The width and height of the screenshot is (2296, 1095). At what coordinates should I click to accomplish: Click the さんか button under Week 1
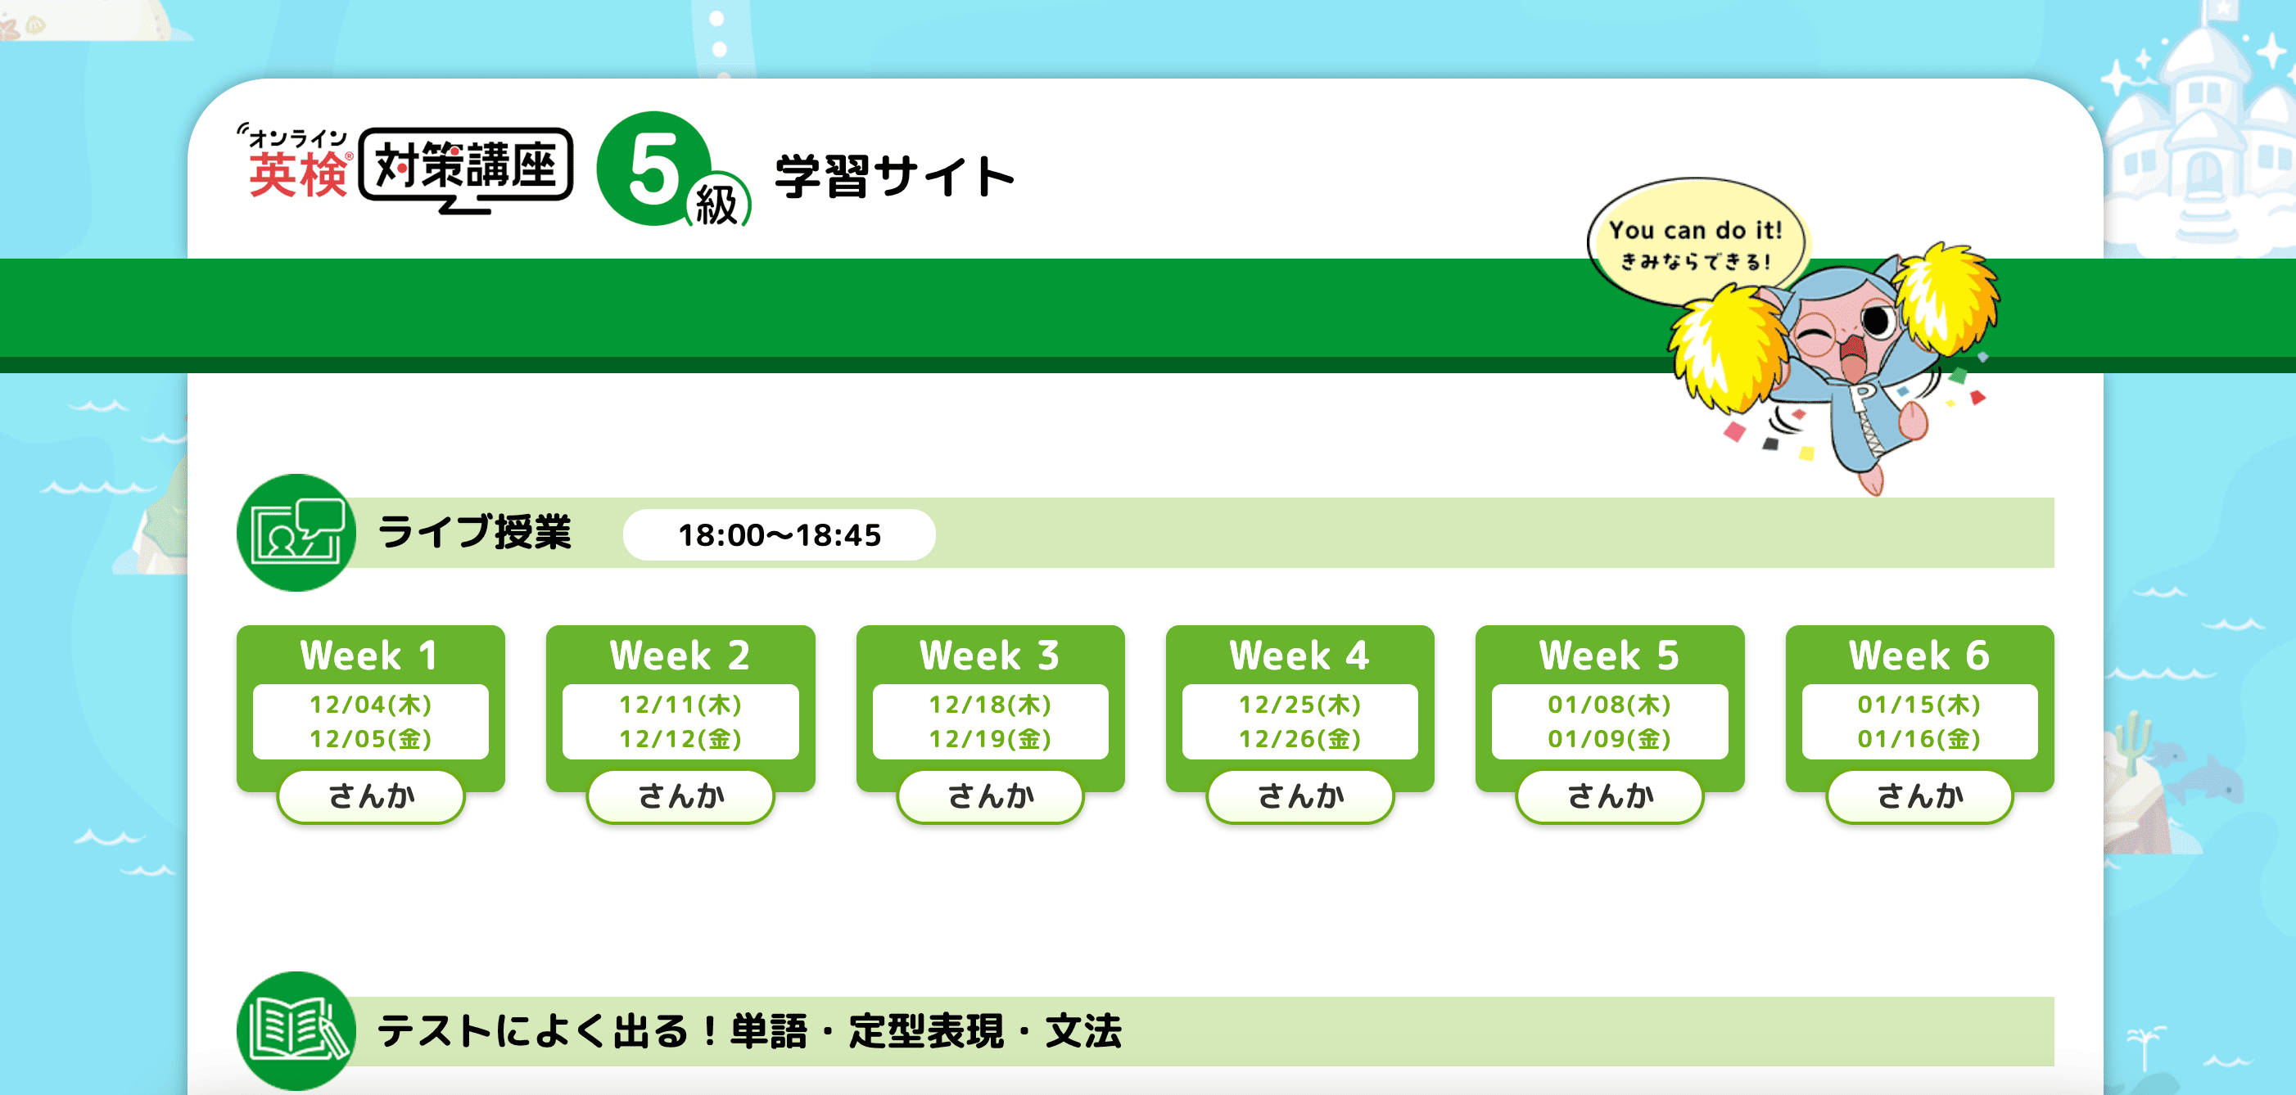[371, 795]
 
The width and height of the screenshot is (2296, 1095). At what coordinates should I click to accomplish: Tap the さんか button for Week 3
[990, 795]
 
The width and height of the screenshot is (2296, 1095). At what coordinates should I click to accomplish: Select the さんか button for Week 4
[1300, 795]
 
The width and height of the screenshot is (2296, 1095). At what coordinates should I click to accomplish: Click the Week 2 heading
[680, 656]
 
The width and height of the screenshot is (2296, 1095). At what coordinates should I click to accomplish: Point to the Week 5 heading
[1610, 656]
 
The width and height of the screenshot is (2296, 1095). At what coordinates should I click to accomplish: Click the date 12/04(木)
[371, 705]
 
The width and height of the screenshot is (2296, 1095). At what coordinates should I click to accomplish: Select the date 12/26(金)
[1300, 739]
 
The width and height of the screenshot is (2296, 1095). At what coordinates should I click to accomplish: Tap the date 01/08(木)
[1610, 705]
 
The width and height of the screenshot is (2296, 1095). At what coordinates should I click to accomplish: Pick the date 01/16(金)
[1920, 739]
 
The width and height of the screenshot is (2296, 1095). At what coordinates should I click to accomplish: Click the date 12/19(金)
[990, 739]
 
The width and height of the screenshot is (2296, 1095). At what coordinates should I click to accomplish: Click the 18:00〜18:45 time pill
[779, 534]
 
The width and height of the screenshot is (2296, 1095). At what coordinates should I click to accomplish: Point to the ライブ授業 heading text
[474, 532]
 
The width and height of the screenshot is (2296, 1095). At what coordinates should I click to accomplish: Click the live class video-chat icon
[296, 533]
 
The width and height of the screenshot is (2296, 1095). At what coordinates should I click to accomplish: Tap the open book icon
[296, 1031]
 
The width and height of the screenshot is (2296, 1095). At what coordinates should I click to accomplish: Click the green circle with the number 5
[655, 169]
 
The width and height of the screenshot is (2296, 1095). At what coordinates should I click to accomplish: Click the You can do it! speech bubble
[1696, 242]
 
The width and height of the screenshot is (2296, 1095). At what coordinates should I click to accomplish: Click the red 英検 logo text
[299, 173]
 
